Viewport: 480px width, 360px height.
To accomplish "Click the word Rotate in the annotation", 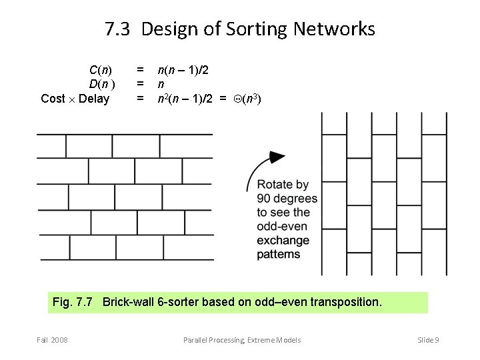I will coord(274,185).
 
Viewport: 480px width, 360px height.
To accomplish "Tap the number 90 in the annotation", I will coord(264,199).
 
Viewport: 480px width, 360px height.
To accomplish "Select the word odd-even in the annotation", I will coord(282,227).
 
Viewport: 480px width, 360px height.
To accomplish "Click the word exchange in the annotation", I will coord(283,240).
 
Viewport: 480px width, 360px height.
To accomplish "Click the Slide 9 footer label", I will coord(428,340).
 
